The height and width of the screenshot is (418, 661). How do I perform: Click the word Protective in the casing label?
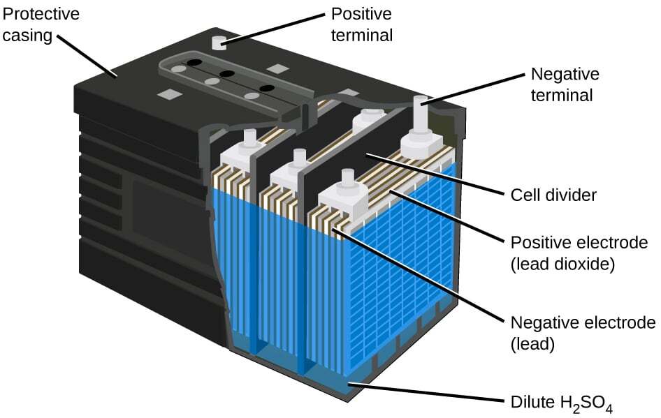(x=41, y=14)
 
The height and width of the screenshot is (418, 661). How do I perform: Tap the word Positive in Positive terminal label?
(x=361, y=14)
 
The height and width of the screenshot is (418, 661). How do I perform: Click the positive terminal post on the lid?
(x=219, y=43)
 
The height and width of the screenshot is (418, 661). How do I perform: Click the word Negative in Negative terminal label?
(x=565, y=74)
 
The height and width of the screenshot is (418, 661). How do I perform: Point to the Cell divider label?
(x=553, y=195)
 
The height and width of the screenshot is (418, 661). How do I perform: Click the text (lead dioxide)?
(x=562, y=264)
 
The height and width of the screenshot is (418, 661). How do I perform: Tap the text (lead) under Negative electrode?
(x=532, y=344)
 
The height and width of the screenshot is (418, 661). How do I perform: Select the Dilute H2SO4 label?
(x=561, y=403)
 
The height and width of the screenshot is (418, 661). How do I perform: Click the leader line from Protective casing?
(x=87, y=57)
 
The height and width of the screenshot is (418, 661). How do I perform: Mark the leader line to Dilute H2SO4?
(x=426, y=391)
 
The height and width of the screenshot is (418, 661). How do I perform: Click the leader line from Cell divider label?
(x=435, y=174)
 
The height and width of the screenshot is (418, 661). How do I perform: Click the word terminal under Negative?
(x=562, y=95)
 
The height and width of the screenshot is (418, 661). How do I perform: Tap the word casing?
(x=27, y=36)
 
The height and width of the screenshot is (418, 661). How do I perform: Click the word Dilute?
(x=533, y=402)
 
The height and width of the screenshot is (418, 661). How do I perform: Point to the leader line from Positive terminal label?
(x=273, y=29)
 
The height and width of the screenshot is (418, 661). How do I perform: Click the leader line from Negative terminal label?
(x=472, y=89)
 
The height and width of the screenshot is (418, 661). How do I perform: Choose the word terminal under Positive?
(x=362, y=36)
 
